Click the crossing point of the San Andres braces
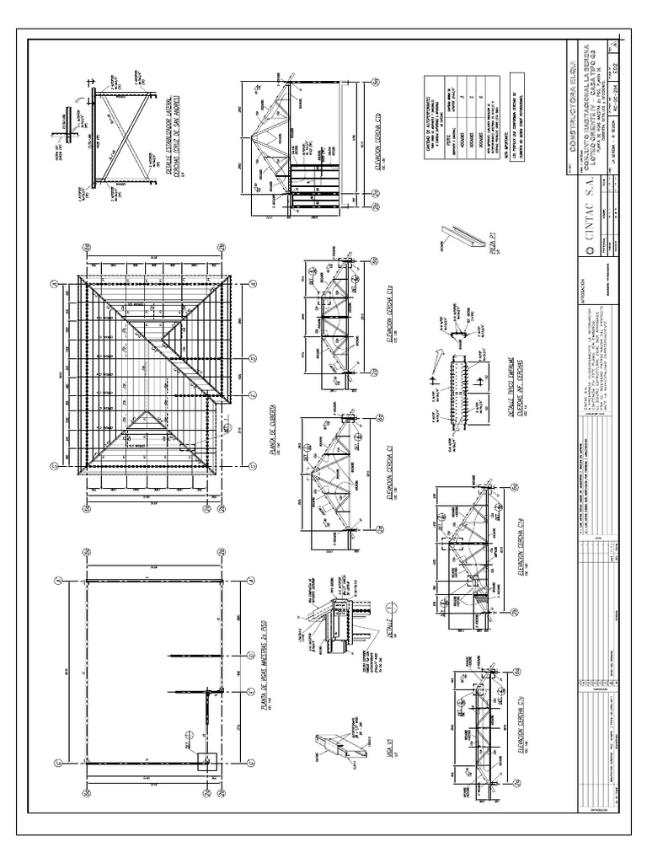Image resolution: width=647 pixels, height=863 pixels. (x=124, y=136)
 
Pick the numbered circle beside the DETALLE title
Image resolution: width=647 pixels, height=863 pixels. (x=388, y=608)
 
